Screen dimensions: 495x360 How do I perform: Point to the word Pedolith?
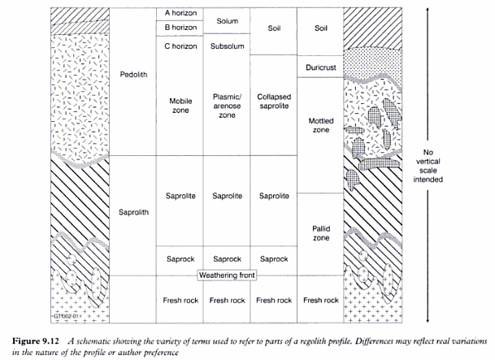(x=132, y=73)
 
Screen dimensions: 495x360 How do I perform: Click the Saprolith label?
(x=132, y=213)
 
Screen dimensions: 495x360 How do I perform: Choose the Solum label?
(x=227, y=20)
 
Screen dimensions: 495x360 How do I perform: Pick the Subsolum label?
(x=227, y=46)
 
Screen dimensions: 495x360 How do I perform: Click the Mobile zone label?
(x=180, y=106)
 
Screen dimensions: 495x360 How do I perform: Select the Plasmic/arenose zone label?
(x=227, y=106)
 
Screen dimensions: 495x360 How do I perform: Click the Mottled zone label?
(x=321, y=124)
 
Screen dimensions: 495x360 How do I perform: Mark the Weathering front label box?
(x=227, y=275)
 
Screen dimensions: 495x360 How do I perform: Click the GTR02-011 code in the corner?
(x=69, y=316)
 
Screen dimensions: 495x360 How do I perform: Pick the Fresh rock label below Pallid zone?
(x=321, y=300)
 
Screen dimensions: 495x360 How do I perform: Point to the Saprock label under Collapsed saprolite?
(x=274, y=259)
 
